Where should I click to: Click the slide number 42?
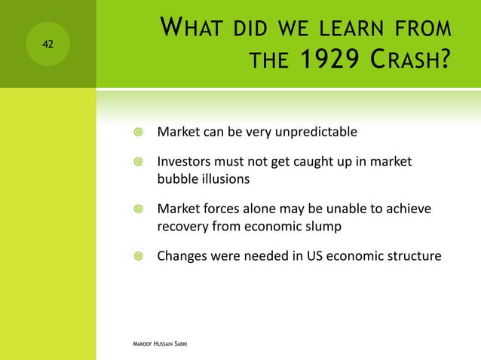click(x=47, y=44)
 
